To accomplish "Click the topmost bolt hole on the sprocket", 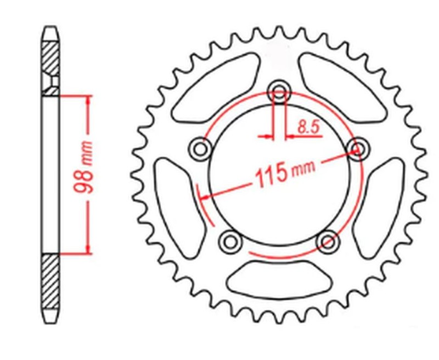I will click(280, 92).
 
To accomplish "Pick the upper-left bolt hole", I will click(200, 148).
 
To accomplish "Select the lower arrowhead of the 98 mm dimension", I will click(87, 250).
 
